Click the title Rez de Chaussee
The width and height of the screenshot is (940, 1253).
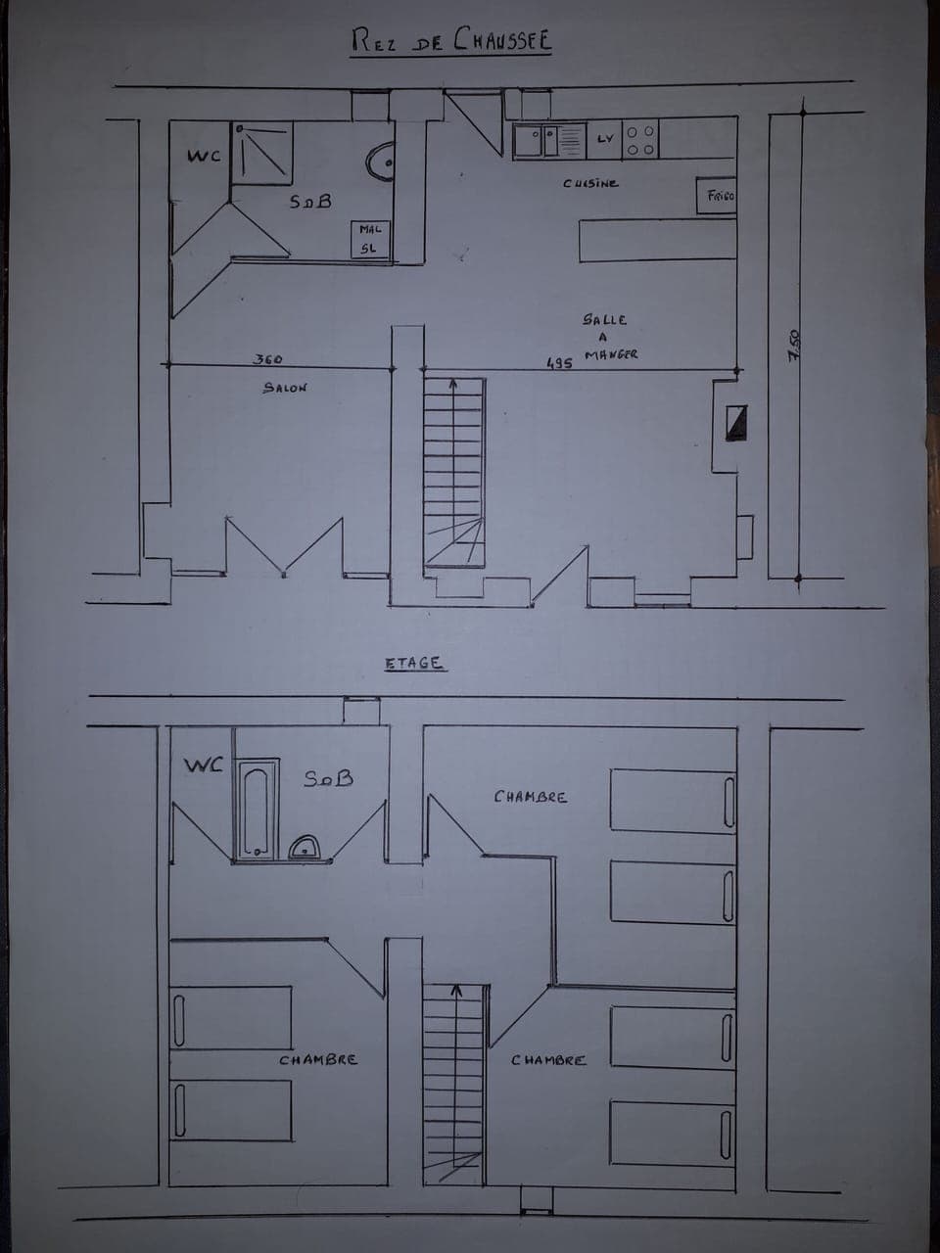point(451,40)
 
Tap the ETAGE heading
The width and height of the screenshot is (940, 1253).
point(413,663)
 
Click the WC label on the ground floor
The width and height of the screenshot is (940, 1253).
point(204,157)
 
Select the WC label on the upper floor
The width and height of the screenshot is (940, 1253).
point(205,765)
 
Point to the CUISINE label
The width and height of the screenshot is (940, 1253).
point(590,183)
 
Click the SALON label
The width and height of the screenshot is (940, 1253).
point(284,388)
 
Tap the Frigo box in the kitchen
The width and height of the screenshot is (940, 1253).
point(716,195)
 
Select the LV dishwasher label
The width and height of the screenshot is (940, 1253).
point(604,139)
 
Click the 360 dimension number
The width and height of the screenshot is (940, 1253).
point(267,360)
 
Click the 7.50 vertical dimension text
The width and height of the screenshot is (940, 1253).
point(794,347)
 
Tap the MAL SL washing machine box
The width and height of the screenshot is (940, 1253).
point(371,240)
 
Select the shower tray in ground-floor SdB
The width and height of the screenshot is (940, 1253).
point(262,153)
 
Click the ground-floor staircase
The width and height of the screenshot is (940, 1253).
point(453,470)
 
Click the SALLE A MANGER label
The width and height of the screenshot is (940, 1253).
point(607,337)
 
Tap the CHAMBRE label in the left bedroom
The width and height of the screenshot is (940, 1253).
point(318,1059)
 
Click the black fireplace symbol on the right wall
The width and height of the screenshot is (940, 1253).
point(735,421)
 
